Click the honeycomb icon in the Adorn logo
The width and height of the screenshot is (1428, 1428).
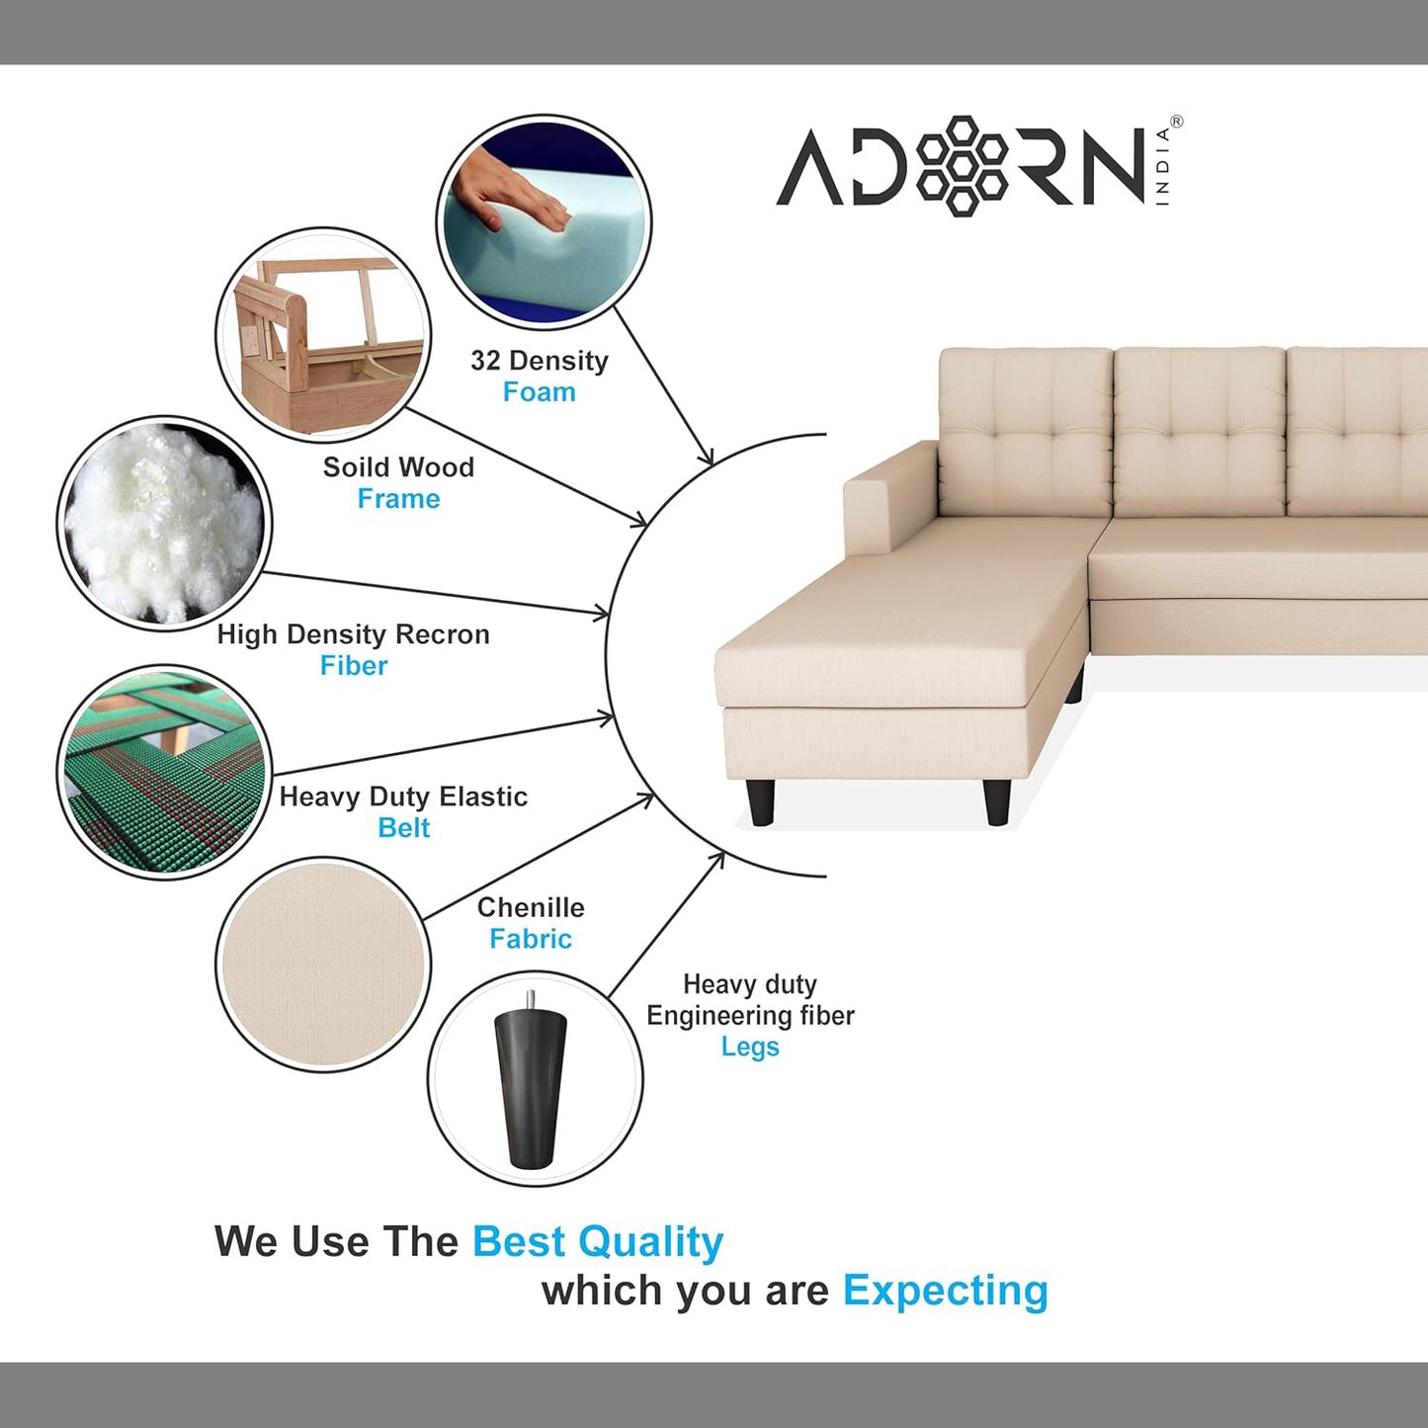[962, 165]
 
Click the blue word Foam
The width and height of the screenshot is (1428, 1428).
[539, 392]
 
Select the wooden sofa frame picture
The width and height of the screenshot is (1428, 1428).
[323, 334]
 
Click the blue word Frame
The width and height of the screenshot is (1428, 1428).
[398, 499]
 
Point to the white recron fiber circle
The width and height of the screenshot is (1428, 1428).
[164, 523]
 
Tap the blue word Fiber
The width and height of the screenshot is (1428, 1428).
[354, 666]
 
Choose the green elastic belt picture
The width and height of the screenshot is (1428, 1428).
[164, 772]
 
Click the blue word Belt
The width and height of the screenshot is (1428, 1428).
[403, 828]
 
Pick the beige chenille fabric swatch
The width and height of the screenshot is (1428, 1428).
[323, 965]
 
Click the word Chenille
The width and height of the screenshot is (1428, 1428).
[531, 907]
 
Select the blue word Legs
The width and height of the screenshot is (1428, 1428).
[750, 1048]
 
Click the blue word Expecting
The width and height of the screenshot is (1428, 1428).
[945, 1291]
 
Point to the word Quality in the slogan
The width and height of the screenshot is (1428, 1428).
[651, 1242]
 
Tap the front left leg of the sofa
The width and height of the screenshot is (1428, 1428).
[761, 801]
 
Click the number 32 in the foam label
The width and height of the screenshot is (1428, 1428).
[485, 361]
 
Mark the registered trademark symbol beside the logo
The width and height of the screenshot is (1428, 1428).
[1176, 122]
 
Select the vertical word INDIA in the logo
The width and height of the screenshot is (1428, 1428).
[1162, 165]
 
